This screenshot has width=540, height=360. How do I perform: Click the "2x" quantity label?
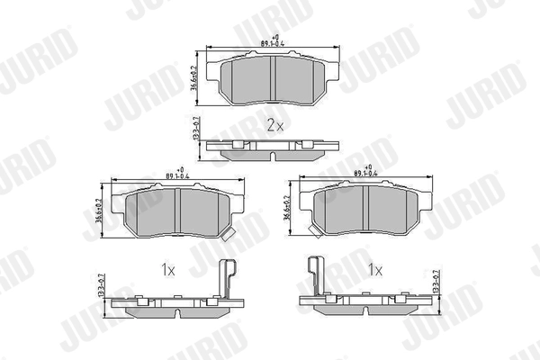tap(274, 126)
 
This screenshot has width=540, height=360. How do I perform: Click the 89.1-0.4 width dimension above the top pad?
tap(274, 40)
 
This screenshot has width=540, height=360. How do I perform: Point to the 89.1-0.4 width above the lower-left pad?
tap(177, 174)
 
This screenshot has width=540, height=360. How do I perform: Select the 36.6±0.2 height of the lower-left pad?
tap(98, 212)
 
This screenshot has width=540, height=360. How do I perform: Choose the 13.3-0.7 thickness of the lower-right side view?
tap(436, 286)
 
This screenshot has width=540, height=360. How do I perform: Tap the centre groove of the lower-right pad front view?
tap(368, 210)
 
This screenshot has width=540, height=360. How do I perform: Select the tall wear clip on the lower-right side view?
tap(313, 274)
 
